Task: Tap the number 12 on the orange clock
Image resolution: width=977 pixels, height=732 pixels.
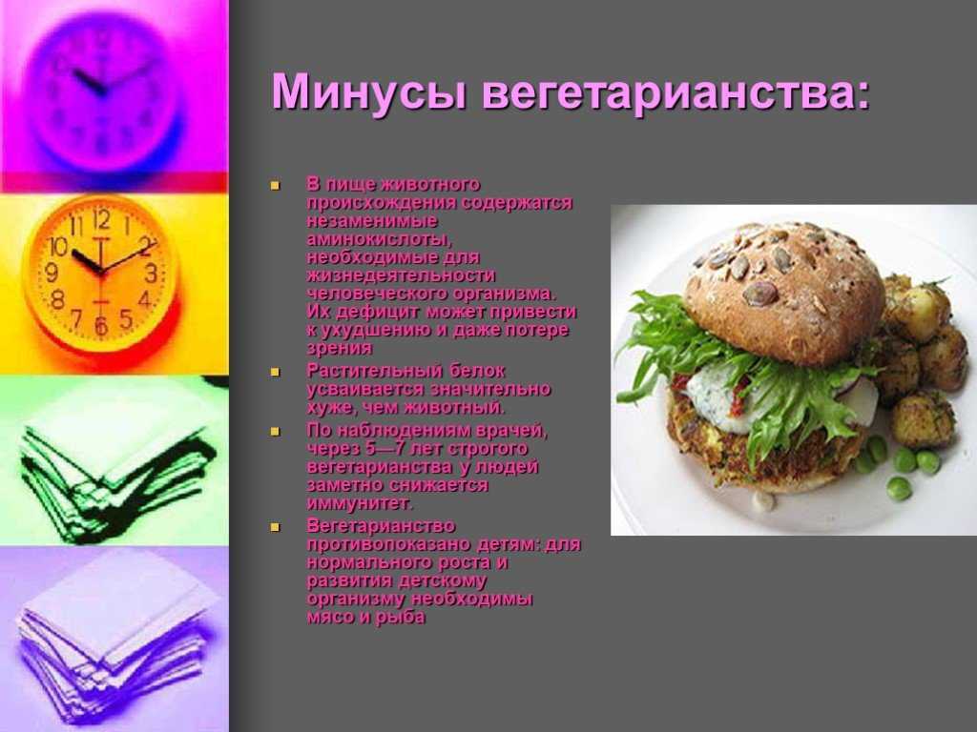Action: (101, 220)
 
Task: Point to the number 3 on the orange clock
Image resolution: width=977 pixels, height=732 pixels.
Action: (151, 273)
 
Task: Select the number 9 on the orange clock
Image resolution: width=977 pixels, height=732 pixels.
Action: (52, 272)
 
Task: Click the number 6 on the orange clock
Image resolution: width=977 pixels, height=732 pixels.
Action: (100, 325)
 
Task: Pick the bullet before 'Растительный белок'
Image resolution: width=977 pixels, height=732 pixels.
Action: (275, 373)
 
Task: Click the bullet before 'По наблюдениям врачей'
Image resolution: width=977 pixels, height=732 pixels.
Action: (275, 432)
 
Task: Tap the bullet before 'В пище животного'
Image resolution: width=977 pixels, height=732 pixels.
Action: (275, 186)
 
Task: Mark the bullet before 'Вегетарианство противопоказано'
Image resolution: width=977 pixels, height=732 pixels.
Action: (275, 527)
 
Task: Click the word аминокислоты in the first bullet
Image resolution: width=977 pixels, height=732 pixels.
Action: (379, 239)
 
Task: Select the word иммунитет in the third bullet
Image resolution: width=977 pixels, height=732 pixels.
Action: (360, 503)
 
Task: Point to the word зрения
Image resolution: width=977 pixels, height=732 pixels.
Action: (339, 349)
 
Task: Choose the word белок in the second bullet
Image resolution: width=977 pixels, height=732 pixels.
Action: (477, 372)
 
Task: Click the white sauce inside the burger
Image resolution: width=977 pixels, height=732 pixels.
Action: (717, 398)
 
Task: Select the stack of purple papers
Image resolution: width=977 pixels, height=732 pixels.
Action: (115, 641)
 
